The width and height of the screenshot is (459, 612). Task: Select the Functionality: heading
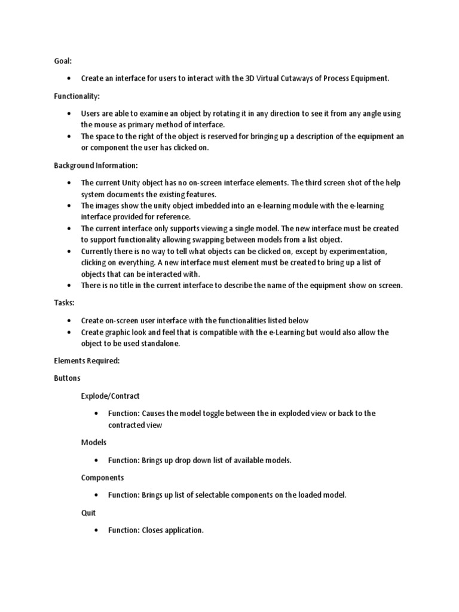click(x=77, y=96)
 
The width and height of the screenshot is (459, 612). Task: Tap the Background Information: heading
click(x=96, y=165)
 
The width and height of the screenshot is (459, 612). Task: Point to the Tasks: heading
click(x=64, y=303)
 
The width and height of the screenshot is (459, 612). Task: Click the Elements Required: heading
click(x=87, y=360)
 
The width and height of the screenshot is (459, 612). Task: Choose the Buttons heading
click(x=67, y=378)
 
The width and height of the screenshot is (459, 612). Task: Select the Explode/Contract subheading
click(x=111, y=396)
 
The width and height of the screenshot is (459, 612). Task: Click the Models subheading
click(x=94, y=442)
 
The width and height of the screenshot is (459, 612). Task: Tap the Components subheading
click(x=103, y=478)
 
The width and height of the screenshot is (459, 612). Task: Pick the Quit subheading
click(x=88, y=512)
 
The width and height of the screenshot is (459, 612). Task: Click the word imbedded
click(x=200, y=206)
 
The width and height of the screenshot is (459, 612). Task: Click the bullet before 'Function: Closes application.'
click(x=97, y=530)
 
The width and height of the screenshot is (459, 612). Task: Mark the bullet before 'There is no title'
click(x=71, y=286)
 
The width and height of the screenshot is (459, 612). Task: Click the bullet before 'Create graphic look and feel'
click(x=71, y=332)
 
